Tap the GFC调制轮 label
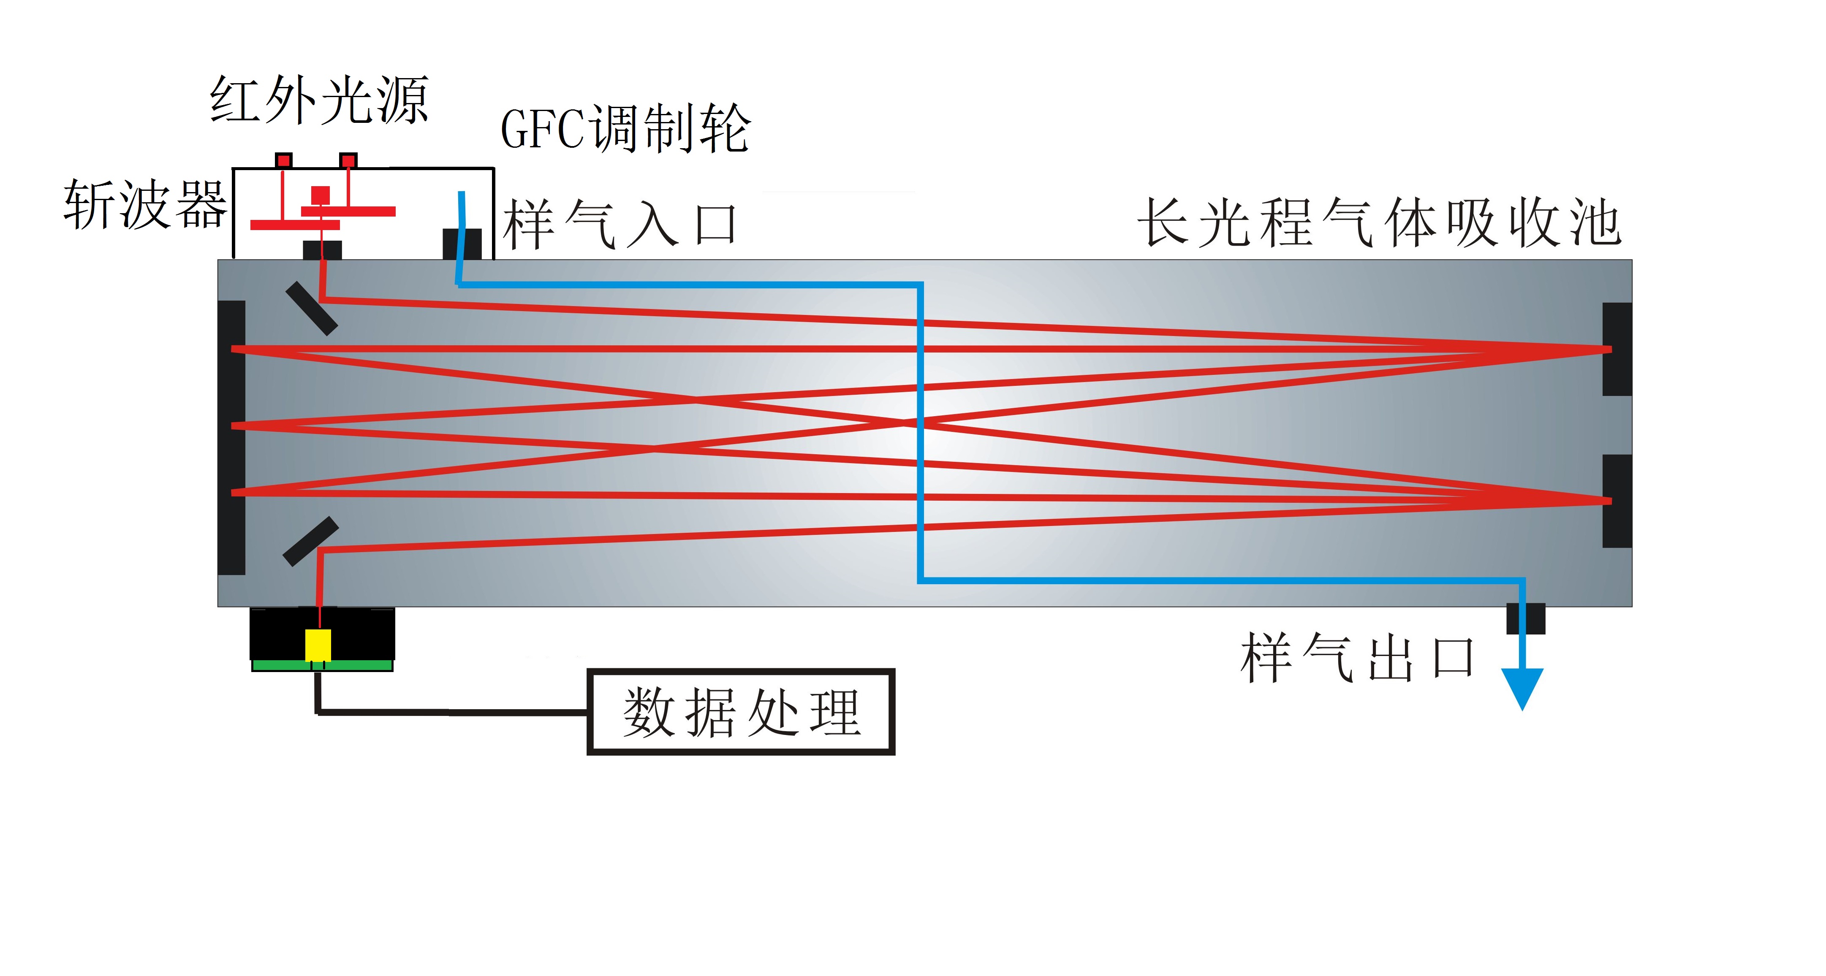(625, 129)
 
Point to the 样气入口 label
(620, 225)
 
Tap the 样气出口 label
(1357, 658)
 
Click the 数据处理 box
(741, 712)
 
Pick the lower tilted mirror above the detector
(310, 541)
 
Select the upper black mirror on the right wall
(1617, 349)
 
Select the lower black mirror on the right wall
(1617, 501)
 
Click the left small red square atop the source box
(283, 160)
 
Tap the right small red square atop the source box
(348, 160)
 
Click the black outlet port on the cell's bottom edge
(1525, 618)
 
